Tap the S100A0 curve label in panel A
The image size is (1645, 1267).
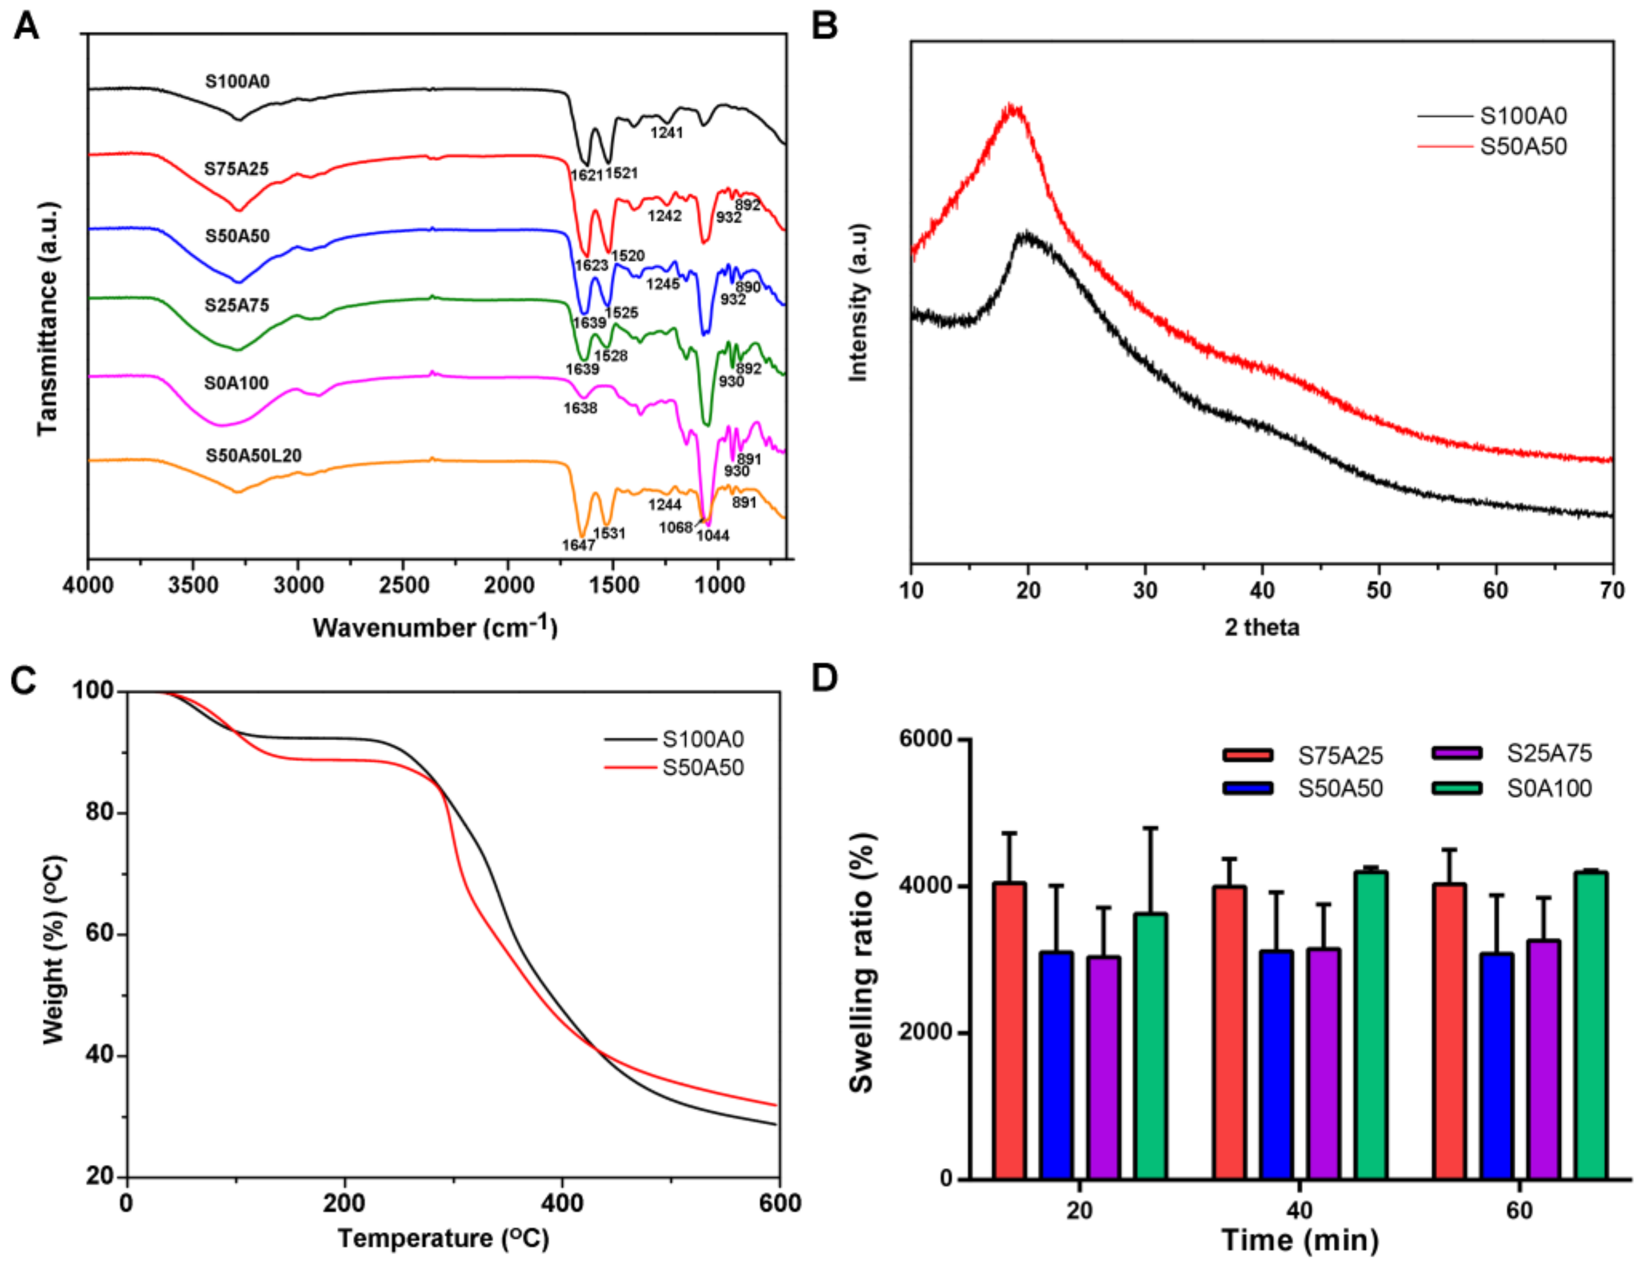point(237,80)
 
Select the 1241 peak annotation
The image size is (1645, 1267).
point(666,133)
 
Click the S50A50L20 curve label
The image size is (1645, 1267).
point(253,455)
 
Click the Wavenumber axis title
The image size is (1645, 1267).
point(435,627)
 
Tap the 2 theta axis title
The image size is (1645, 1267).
point(1262,627)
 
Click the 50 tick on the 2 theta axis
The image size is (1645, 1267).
point(1379,591)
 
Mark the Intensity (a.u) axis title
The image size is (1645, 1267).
point(858,303)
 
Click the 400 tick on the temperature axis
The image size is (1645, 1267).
point(562,1203)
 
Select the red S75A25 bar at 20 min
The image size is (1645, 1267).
point(1009,1030)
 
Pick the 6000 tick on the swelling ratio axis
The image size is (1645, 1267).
point(925,739)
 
